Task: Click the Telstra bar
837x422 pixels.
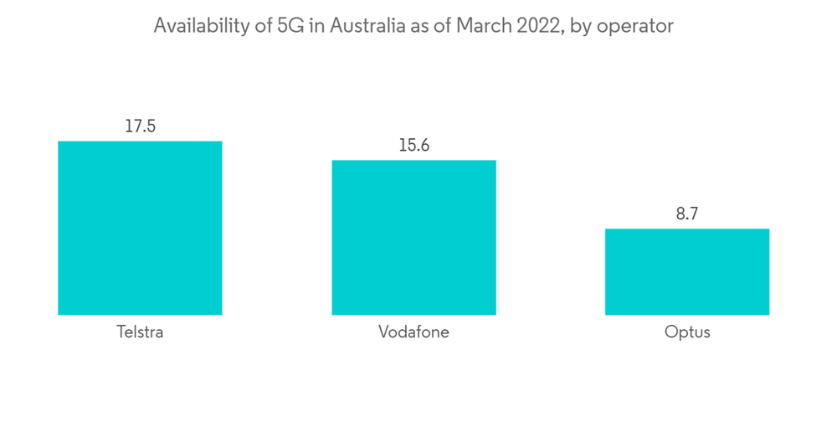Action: [x=140, y=228]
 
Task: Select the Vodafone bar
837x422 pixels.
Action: [x=413, y=237]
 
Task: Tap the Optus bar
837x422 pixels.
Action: [x=686, y=271]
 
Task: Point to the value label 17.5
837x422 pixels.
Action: [x=140, y=127]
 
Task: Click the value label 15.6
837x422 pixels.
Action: [x=413, y=146]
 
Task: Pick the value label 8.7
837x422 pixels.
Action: [x=686, y=214]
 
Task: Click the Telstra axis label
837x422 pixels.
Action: [x=140, y=332]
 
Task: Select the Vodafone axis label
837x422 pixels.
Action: [x=413, y=332]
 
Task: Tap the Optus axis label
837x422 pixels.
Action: [x=686, y=332]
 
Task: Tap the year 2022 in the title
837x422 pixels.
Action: [x=536, y=27]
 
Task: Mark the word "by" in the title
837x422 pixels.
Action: [x=584, y=27]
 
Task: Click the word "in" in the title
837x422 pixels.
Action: [x=317, y=27]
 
